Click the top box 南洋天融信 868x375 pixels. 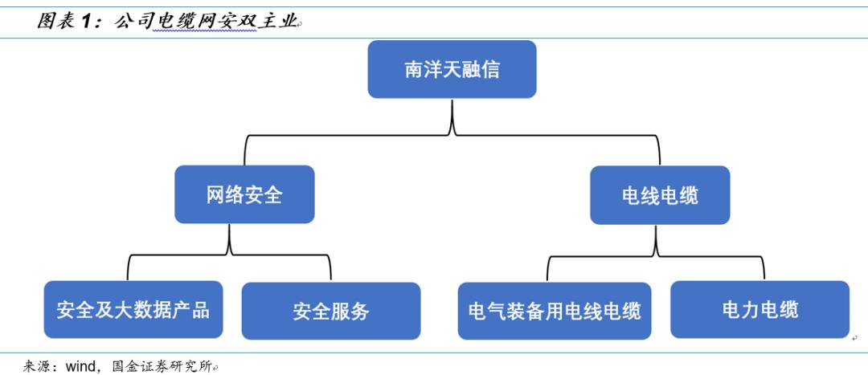pos(452,69)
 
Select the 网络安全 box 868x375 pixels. pos(244,194)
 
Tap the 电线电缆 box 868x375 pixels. pos(660,195)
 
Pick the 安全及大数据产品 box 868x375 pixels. pos(133,310)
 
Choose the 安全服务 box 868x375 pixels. pos(330,311)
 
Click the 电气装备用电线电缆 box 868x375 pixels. pos(555,311)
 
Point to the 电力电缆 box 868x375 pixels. pos(759,310)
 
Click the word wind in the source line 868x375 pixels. pos(81,366)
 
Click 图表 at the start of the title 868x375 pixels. pos(55,22)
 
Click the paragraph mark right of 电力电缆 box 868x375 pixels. pos(854,337)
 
